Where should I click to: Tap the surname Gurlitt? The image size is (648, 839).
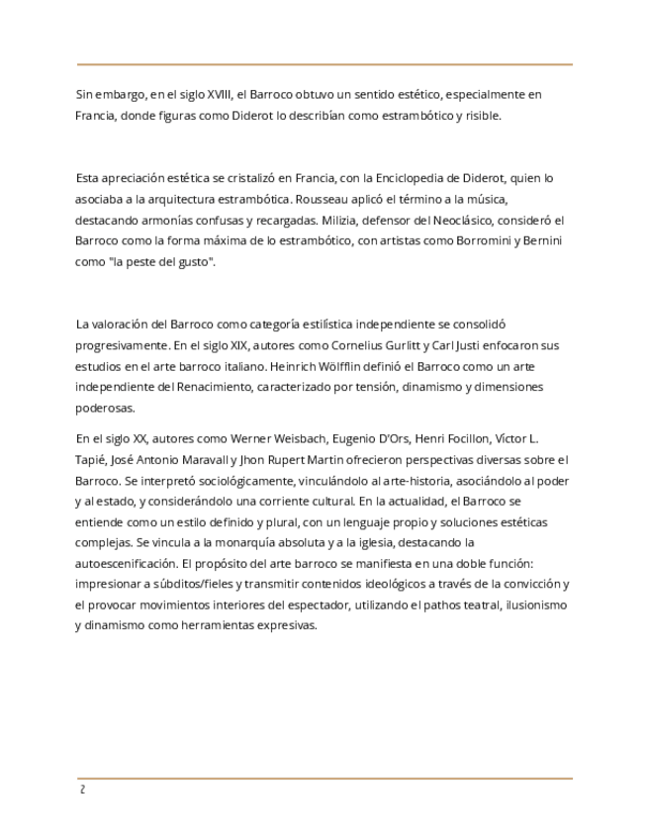[406, 345]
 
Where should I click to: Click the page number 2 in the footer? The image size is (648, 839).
[82, 790]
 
